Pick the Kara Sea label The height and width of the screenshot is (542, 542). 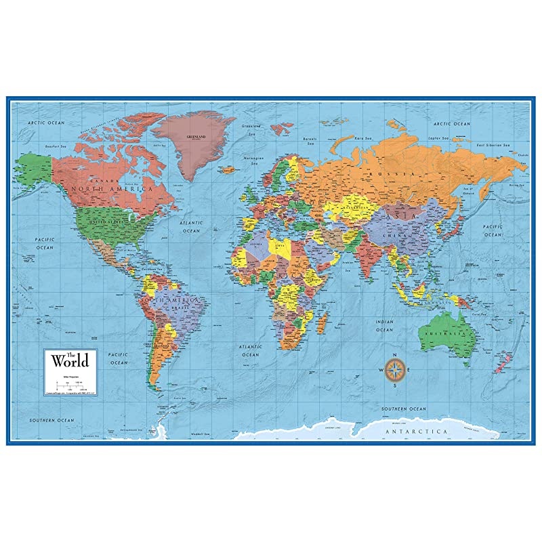(x=364, y=138)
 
